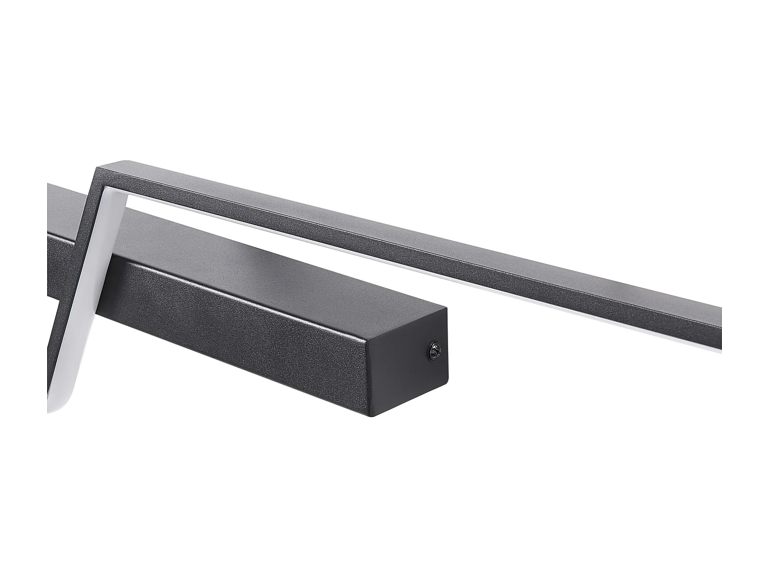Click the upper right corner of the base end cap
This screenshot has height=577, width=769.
(x=448, y=308)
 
